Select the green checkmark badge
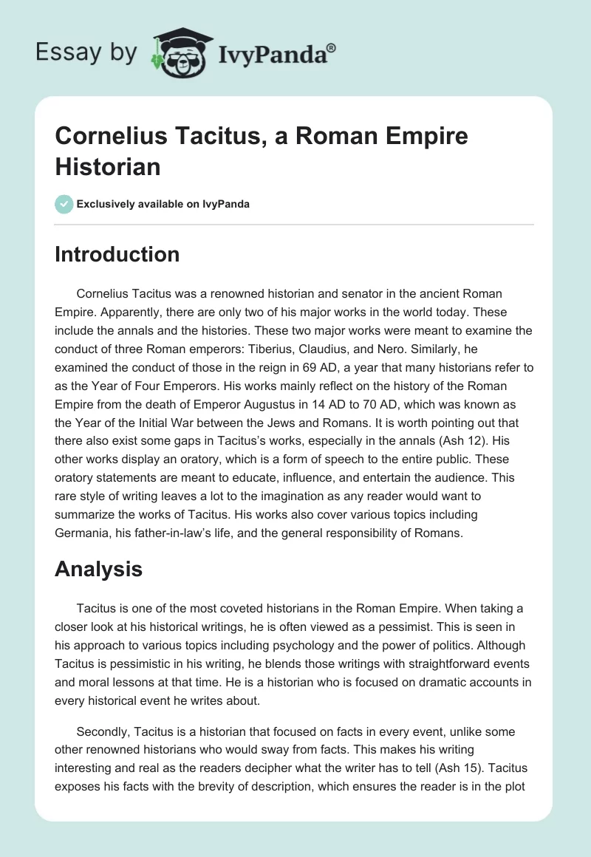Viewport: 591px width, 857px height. (x=64, y=204)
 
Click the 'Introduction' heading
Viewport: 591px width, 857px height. (x=117, y=254)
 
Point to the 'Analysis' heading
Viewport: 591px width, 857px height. (x=98, y=568)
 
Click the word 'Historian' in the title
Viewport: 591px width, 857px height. (x=108, y=166)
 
